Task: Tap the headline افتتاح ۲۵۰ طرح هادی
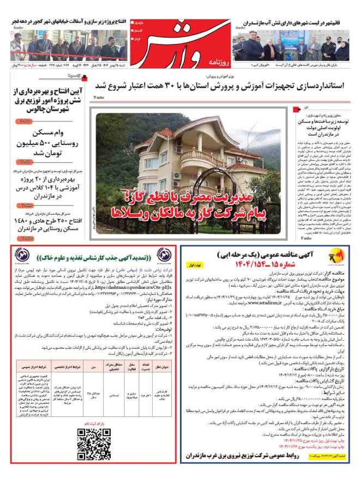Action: [x=47, y=225]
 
